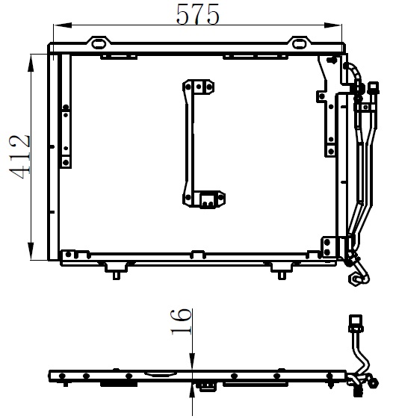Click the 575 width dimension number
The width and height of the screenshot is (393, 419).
(x=197, y=14)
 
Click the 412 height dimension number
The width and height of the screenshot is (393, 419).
(x=20, y=157)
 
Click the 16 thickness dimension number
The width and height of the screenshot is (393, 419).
(x=182, y=322)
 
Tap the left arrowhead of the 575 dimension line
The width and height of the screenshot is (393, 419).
(x=63, y=25)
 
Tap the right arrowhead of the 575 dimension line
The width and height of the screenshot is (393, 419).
(x=332, y=25)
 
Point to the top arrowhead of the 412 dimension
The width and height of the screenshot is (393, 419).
(x=31, y=63)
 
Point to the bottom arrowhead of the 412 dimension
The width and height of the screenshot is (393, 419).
(x=31, y=250)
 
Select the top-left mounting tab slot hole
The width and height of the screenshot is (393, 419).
(x=99, y=43)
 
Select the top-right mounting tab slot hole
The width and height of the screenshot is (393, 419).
(x=299, y=43)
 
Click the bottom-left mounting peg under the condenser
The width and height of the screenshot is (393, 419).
(x=116, y=276)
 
